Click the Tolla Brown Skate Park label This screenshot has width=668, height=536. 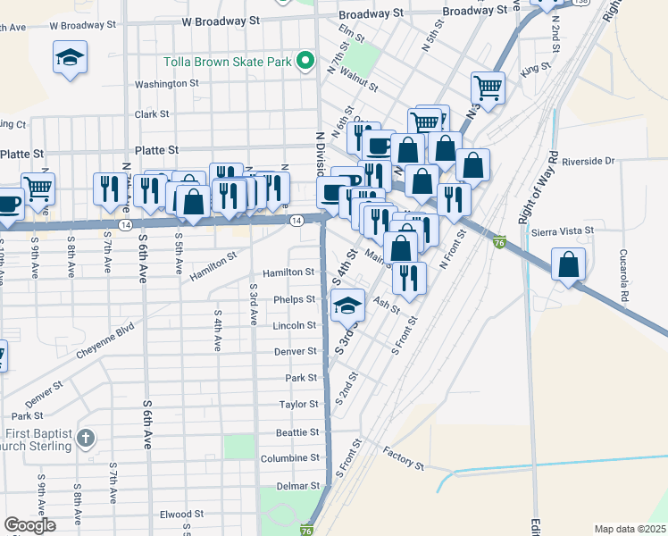(229, 63)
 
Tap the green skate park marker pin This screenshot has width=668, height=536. (305, 62)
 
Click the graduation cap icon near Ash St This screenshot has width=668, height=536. (348, 306)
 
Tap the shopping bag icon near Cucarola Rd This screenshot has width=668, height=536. (568, 264)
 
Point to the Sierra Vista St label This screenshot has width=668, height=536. (563, 231)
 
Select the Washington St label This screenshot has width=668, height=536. (166, 84)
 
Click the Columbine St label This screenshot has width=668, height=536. (289, 458)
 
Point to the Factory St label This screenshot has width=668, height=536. (404, 459)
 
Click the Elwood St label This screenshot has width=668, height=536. (182, 515)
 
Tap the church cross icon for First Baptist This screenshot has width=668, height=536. (85, 438)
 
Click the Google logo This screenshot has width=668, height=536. (29, 526)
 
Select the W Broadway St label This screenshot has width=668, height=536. (220, 19)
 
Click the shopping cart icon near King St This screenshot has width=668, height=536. (488, 87)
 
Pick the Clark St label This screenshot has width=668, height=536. (152, 114)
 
